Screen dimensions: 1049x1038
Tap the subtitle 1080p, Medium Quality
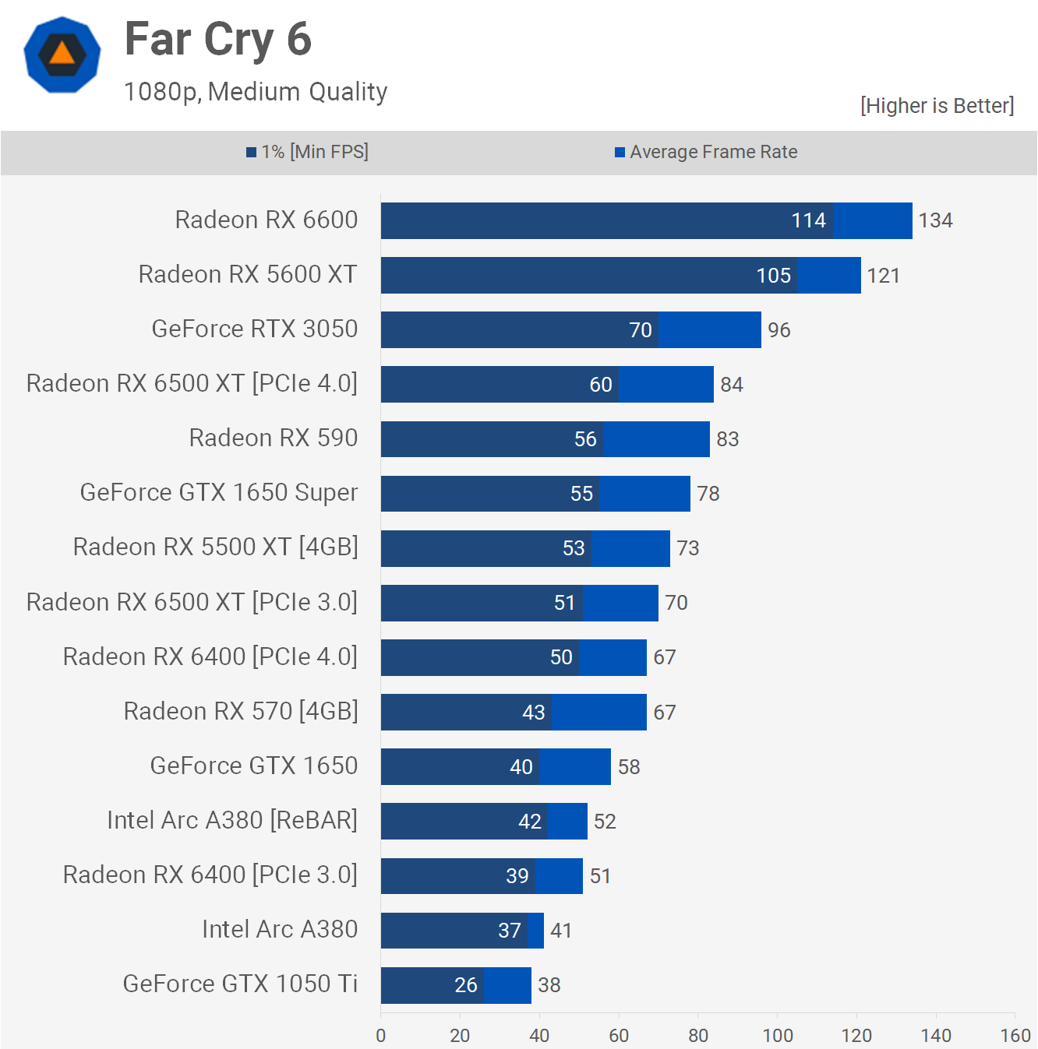tap(256, 92)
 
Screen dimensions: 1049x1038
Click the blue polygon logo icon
tap(62, 55)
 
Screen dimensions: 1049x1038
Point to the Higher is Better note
tap(937, 106)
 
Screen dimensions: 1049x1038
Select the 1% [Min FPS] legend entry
tap(308, 152)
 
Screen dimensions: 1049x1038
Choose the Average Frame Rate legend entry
tap(706, 152)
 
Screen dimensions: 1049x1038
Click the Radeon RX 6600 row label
tap(266, 220)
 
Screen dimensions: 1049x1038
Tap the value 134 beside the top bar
tap(935, 221)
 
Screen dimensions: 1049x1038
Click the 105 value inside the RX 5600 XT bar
tap(773, 276)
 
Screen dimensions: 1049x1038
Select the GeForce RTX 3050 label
tap(254, 329)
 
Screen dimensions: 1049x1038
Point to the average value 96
tap(778, 330)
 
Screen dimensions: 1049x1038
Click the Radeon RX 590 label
tap(273, 438)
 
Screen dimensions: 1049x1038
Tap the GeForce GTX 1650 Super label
tap(219, 493)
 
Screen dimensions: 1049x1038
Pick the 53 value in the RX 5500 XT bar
tap(574, 548)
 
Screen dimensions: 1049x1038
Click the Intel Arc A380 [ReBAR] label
tap(232, 821)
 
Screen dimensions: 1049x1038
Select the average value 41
tap(561, 931)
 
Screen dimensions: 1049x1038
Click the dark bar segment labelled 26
tap(432, 985)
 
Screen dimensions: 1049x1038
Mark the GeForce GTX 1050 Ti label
tap(240, 984)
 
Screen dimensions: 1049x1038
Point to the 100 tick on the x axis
tap(777, 1036)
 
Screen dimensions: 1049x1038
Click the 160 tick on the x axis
tap(1015, 1036)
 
